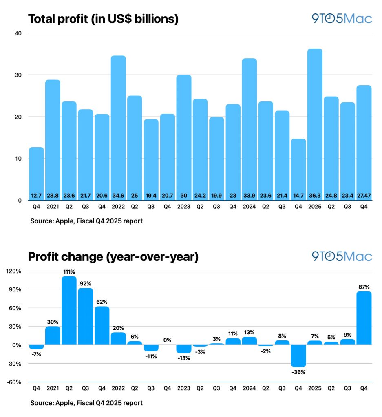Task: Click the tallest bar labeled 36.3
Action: [315, 122]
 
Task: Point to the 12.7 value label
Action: [36, 196]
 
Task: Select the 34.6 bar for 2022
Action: [118, 126]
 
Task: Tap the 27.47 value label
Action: [364, 196]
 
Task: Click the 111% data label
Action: [69, 271]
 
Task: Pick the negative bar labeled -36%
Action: [298, 355]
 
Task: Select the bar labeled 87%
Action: [364, 318]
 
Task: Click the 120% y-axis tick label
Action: [14, 271]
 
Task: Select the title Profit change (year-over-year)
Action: [113, 257]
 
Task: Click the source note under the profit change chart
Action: [86, 403]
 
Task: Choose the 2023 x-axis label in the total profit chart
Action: [184, 207]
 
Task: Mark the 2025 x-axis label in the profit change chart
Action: [315, 388]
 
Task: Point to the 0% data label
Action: [167, 340]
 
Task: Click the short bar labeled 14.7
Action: [298, 167]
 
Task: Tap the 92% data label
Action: [85, 283]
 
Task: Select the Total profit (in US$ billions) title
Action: [103, 19]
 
